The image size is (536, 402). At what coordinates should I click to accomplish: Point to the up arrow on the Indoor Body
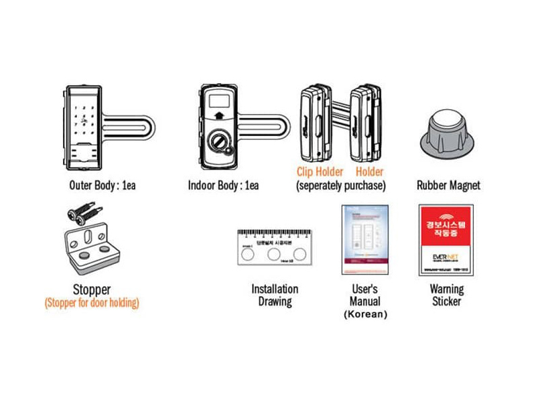coord(219,115)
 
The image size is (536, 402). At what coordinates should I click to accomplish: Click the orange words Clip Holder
coord(320,172)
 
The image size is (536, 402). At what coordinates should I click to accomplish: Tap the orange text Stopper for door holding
coord(92,303)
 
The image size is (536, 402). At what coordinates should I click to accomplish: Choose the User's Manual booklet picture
coord(365,239)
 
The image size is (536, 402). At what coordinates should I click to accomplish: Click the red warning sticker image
coord(446,240)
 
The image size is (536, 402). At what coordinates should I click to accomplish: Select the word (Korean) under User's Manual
coord(365,314)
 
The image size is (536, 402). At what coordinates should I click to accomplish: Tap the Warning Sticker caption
coord(446,295)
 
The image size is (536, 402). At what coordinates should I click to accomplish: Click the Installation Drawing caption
coord(275,295)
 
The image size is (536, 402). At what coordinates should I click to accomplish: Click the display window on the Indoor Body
coord(219,100)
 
